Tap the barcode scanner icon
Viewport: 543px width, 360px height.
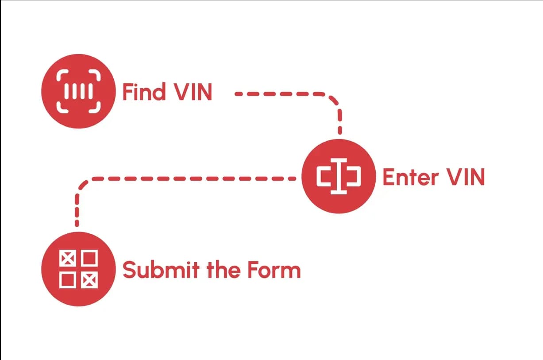[x=78, y=92]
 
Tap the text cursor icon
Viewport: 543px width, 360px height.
[x=339, y=177]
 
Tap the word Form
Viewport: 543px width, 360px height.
[x=274, y=270]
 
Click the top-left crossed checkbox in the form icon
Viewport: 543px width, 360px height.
[x=67, y=258]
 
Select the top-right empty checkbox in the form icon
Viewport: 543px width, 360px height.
[x=90, y=258]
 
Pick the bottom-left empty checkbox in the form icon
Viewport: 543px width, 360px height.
[x=67, y=280]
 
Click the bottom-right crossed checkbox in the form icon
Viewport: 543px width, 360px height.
[x=90, y=280]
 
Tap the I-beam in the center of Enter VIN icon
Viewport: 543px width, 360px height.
[x=339, y=177]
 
